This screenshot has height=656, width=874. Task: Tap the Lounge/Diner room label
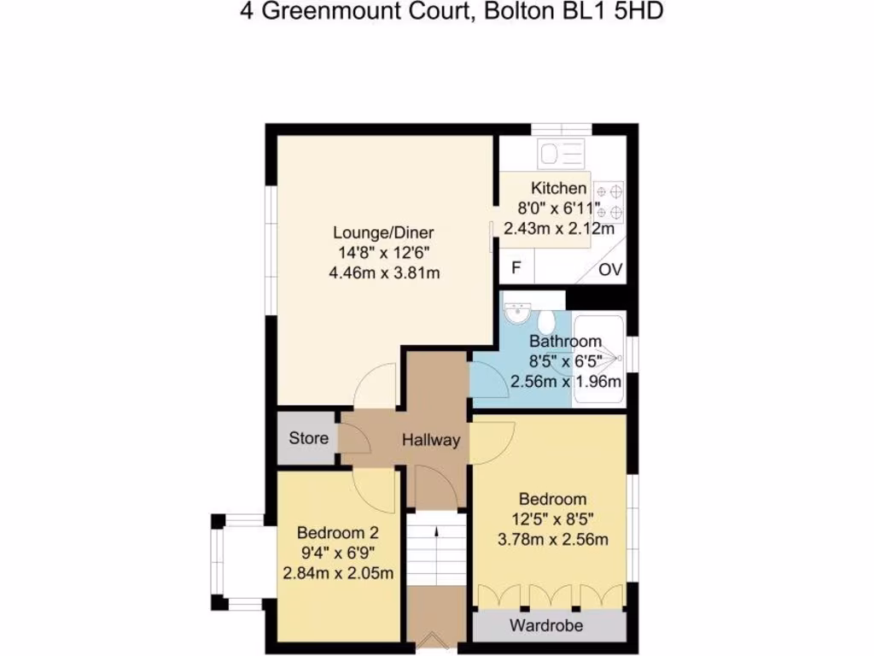pyautogui.click(x=384, y=232)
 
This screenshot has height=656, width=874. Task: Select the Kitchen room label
pyautogui.click(x=559, y=188)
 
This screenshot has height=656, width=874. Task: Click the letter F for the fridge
pyautogui.click(x=516, y=269)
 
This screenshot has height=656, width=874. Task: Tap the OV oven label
pyautogui.click(x=609, y=271)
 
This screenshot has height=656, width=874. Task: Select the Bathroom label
pyautogui.click(x=565, y=342)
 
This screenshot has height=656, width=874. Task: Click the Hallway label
pyautogui.click(x=431, y=441)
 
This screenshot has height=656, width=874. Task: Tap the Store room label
pyautogui.click(x=308, y=439)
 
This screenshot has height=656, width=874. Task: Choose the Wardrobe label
pyautogui.click(x=546, y=626)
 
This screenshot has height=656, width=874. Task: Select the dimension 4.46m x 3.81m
pyautogui.click(x=384, y=273)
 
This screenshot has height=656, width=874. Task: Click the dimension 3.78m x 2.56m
pyautogui.click(x=552, y=539)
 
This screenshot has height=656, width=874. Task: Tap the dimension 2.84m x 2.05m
pyautogui.click(x=338, y=572)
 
